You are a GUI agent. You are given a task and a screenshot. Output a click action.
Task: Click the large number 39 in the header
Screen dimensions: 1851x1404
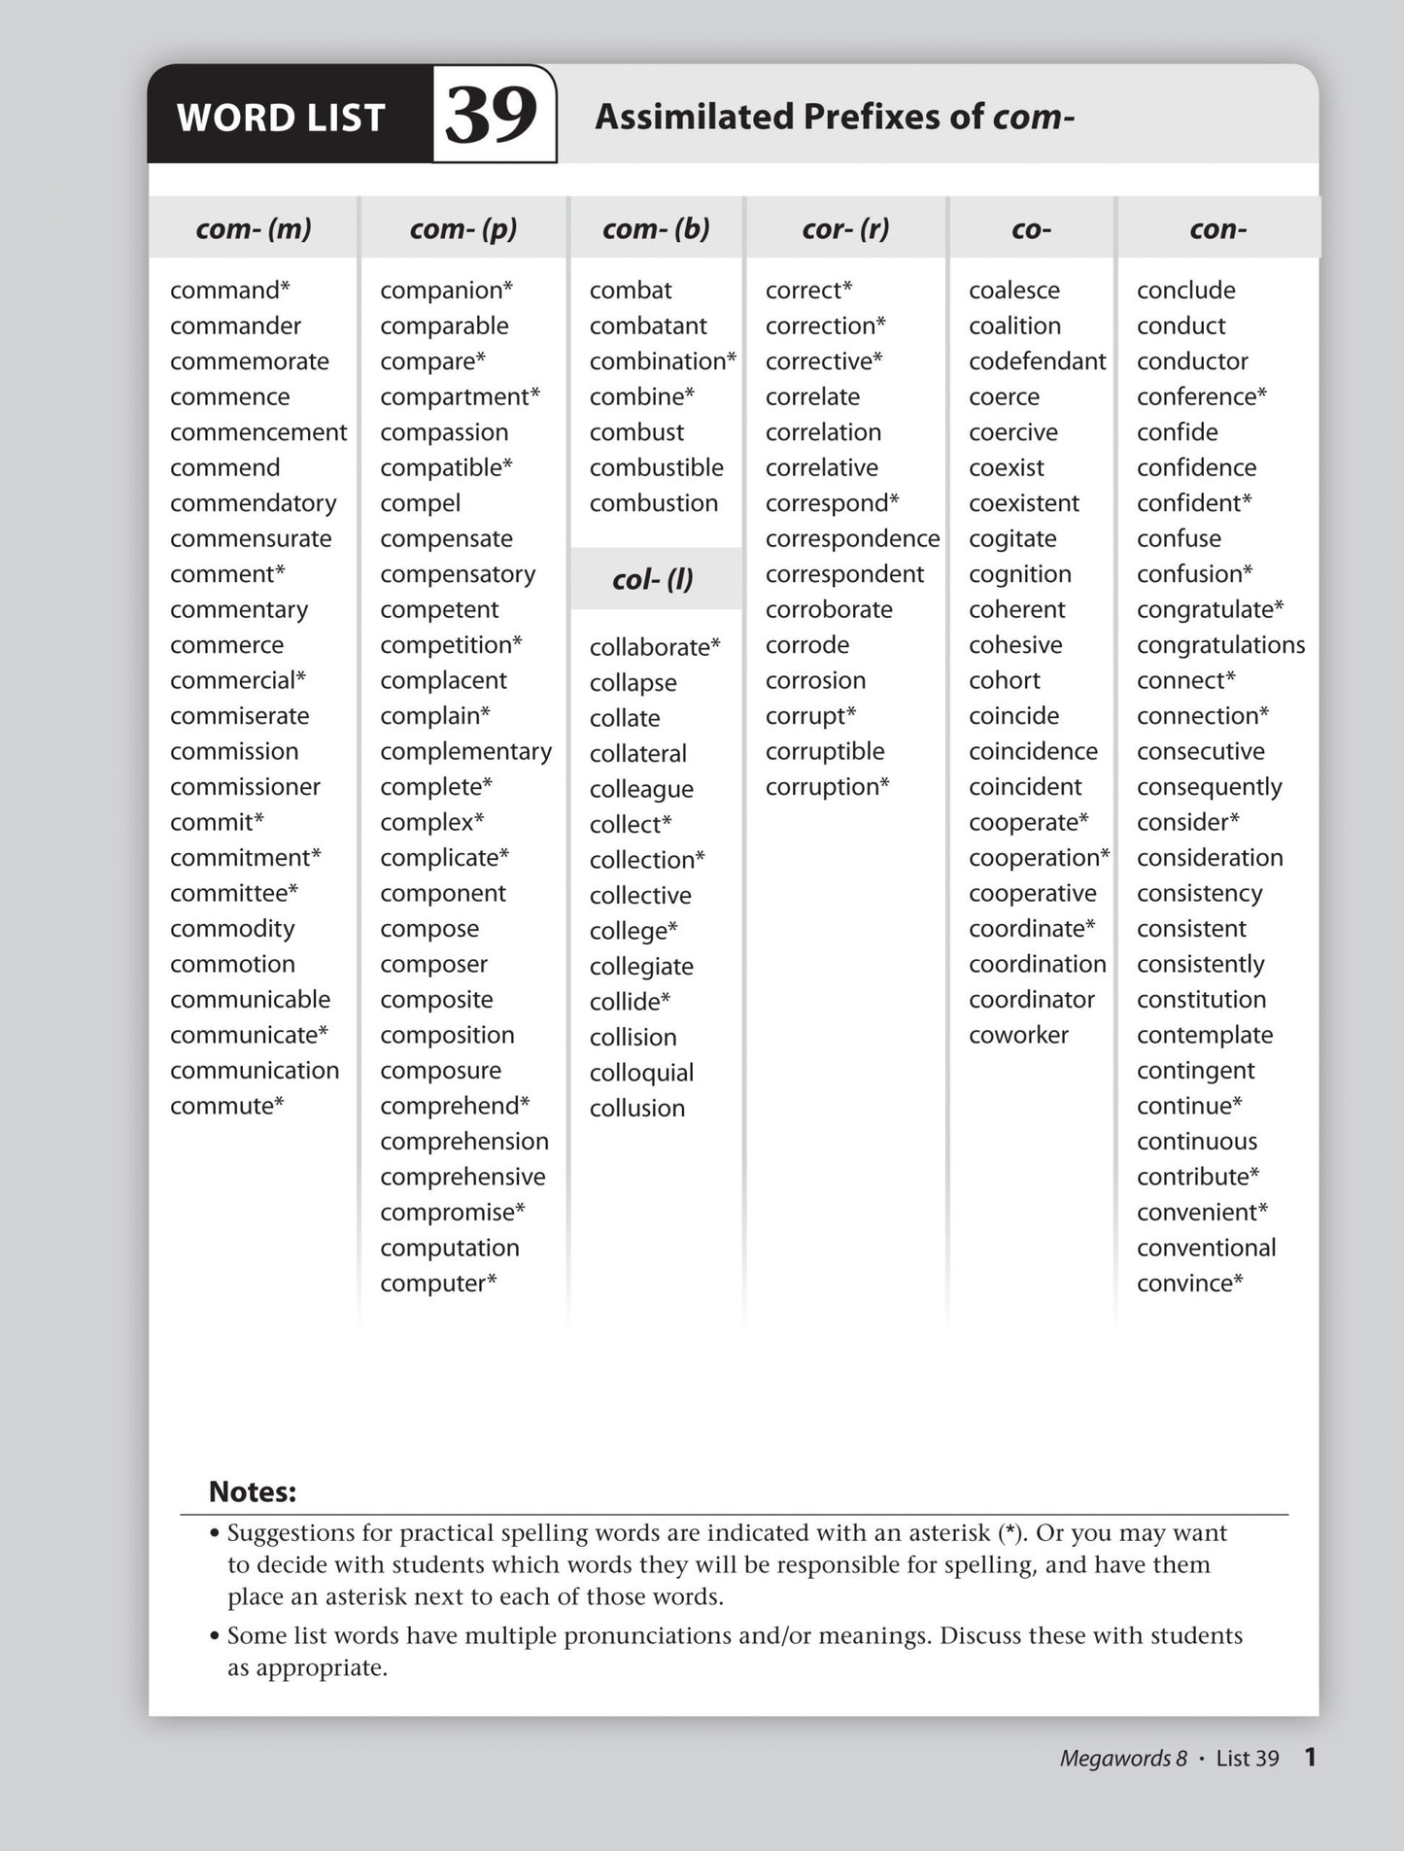(492, 115)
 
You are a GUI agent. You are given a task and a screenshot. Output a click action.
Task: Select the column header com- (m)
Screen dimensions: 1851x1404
(254, 228)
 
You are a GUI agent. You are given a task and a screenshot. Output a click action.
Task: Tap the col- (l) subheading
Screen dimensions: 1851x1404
(652, 579)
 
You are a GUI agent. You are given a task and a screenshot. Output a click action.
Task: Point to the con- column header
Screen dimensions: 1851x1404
(1217, 228)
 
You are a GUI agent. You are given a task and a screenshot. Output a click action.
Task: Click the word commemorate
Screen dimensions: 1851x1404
(250, 361)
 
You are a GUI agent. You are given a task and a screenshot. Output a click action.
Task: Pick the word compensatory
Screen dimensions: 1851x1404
(458, 574)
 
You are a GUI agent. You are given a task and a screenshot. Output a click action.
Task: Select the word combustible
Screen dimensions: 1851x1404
(656, 467)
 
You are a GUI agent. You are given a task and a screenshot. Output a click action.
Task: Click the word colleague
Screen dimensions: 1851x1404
(641, 789)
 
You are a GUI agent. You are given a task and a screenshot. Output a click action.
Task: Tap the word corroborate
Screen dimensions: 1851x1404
(829, 609)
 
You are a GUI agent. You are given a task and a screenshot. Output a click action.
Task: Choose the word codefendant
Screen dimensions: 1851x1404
(1037, 361)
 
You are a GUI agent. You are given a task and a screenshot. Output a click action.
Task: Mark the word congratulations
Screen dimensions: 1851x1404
(1220, 645)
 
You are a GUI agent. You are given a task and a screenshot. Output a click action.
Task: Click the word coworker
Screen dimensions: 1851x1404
(1018, 1035)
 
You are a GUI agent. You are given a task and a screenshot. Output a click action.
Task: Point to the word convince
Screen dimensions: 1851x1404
(1188, 1283)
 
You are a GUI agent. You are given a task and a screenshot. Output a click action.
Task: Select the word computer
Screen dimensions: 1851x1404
(437, 1283)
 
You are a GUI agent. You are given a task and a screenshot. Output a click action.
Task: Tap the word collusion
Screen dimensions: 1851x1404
(637, 1108)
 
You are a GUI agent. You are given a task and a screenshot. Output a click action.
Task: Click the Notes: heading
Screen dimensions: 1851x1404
(253, 1491)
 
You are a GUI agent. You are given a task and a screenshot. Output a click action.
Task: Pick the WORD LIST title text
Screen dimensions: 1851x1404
(281, 118)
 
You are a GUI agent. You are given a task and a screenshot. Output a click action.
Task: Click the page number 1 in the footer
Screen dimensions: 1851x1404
(1310, 1757)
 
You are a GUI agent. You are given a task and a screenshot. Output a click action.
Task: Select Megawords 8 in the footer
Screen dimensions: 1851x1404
(1123, 1758)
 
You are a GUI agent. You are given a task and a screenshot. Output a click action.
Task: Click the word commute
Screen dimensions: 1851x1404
(225, 1106)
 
